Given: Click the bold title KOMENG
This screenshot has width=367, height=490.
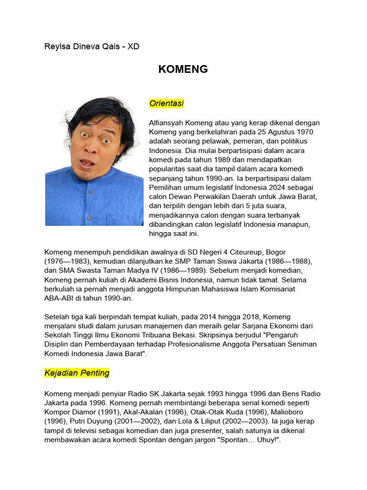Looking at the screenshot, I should coord(183,69).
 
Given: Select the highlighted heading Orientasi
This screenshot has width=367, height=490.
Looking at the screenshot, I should coord(166,103).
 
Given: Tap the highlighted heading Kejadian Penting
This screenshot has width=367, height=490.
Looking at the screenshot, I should coord(77,372).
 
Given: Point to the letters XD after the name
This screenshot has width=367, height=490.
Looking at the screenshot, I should coord(133,47).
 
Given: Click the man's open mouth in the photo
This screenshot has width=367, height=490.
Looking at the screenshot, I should coord(87,163).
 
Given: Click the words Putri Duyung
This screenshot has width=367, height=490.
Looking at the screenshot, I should coord(88,421).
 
